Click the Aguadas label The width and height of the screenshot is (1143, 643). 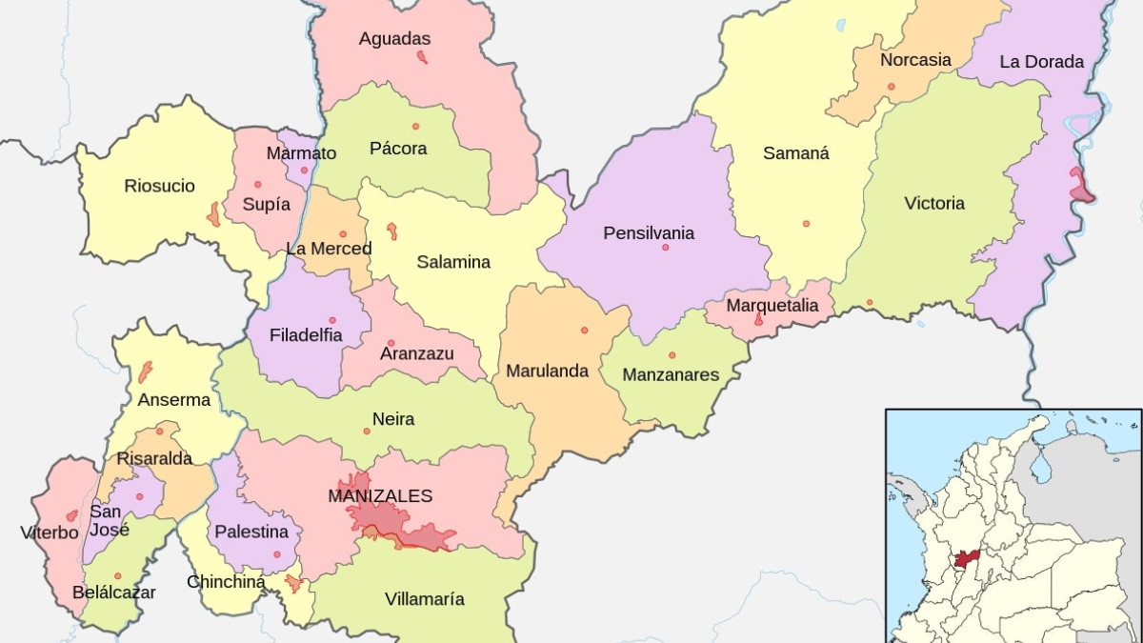click(x=394, y=39)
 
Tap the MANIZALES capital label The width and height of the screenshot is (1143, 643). click(x=380, y=495)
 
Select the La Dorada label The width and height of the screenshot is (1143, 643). click(x=1041, y=62)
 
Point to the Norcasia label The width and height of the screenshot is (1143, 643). click(x=915, y=60)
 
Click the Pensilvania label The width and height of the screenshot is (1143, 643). click(x=649, y=233)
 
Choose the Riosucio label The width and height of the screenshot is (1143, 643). click(x=159, y=186)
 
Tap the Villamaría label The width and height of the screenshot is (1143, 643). click(x=425, y=599)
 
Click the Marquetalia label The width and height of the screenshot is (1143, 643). click(x=772, y=306)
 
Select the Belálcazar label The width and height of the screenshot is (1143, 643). click(x=113, y=593)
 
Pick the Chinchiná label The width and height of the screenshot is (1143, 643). click(x=226, y=581)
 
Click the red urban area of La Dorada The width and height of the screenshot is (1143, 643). click(x=1079, y=187)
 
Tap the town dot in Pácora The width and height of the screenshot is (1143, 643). click(x=415, y=127)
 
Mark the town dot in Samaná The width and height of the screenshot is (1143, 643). click(x=806, y=224)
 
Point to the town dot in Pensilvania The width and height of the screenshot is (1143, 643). click(x=665, y=248)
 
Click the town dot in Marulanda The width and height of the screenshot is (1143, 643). click(x=584, y=331)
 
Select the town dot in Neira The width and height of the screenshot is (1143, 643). click(x=366, y=432)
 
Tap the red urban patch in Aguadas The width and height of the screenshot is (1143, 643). click(x=422, y=57)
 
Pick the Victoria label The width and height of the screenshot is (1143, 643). click(x=934, y=203)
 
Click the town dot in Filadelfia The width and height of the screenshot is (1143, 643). click(x=332, y=320)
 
